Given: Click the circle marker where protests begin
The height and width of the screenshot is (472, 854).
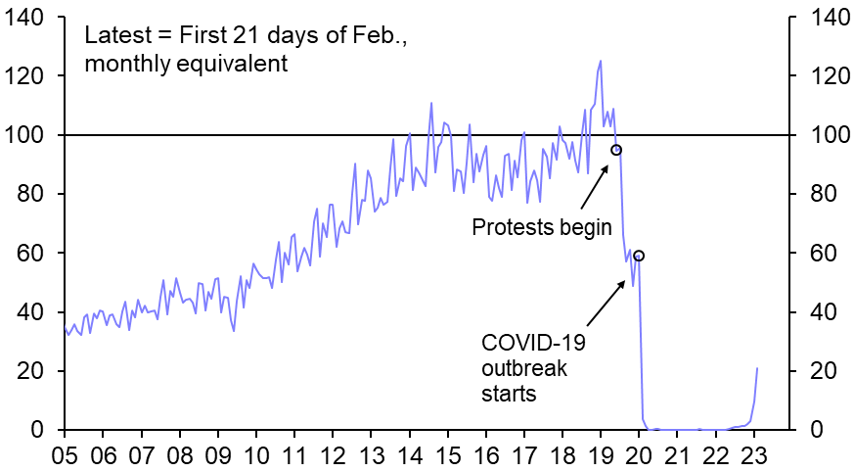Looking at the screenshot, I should point(616,150).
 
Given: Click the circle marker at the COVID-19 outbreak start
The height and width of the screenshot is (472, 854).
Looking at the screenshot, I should point(639,256).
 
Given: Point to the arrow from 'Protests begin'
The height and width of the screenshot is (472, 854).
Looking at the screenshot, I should point(594,185).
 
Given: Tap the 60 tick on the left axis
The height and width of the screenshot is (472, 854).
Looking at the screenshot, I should point(30,253).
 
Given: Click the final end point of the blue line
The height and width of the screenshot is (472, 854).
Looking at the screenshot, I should point(757,368).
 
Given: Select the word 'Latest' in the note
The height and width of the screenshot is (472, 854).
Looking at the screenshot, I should point(116,36).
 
